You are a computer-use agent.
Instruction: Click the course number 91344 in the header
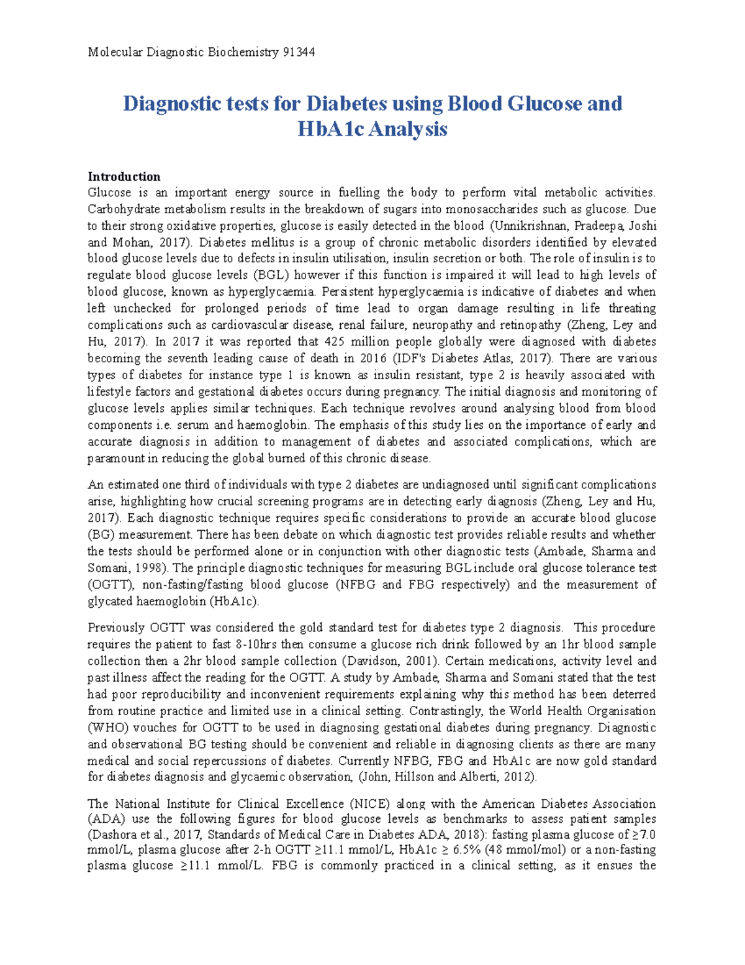298,52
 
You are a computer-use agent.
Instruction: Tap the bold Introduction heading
124,176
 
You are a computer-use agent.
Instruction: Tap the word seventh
187,359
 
